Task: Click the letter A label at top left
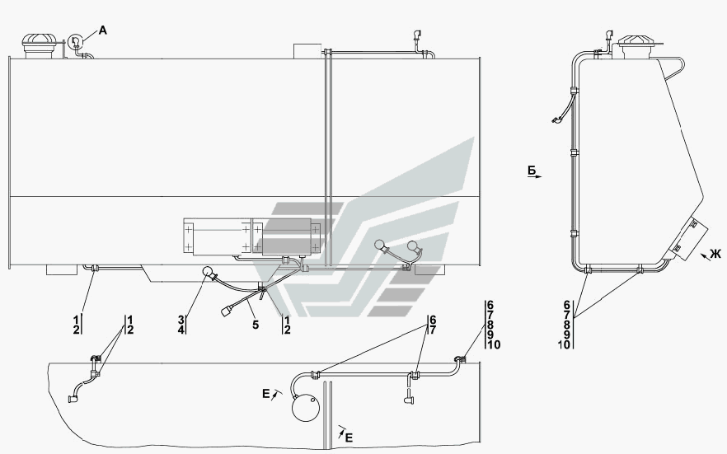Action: pos(103,30)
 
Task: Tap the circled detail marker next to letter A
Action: pos(76,40)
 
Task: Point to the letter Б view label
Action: pos(533,171)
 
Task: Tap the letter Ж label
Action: pos(714,255)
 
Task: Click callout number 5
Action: pos(255,325)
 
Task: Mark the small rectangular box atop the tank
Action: pos(306,50)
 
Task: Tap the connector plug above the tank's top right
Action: pos(415,35)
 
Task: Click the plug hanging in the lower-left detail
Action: pos(73,399)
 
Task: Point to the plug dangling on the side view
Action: pos(557,121)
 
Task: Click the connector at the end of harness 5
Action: pos(227,311)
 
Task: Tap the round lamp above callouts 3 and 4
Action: pos(207,276)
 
